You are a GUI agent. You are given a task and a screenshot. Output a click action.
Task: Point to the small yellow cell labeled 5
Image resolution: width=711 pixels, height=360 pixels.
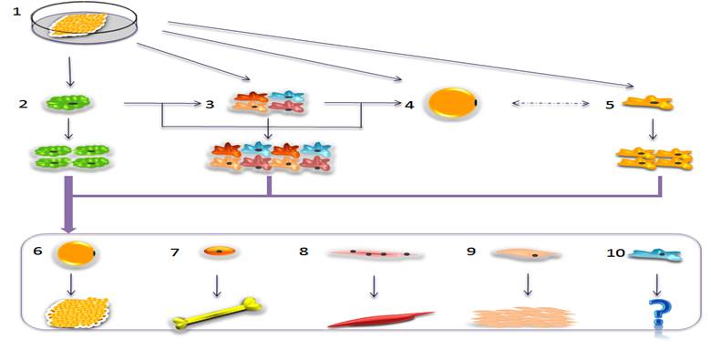tap(648, 105)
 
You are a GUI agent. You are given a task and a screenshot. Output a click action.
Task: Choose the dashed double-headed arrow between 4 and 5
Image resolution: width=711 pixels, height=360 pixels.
tap(550, 105)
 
